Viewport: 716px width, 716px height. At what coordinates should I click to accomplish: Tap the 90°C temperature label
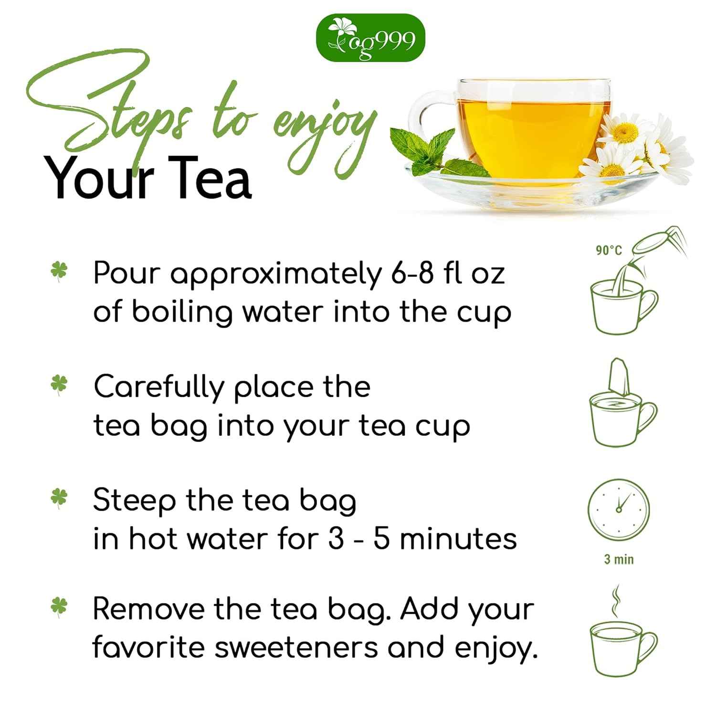(609, 250)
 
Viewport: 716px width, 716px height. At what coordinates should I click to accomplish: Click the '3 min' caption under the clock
(619, 559)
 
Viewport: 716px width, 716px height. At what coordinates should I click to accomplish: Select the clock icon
(619, 510)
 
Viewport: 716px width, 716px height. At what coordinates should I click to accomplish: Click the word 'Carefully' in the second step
(158, 388)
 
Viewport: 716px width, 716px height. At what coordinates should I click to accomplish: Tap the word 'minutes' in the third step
(458, 539)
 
